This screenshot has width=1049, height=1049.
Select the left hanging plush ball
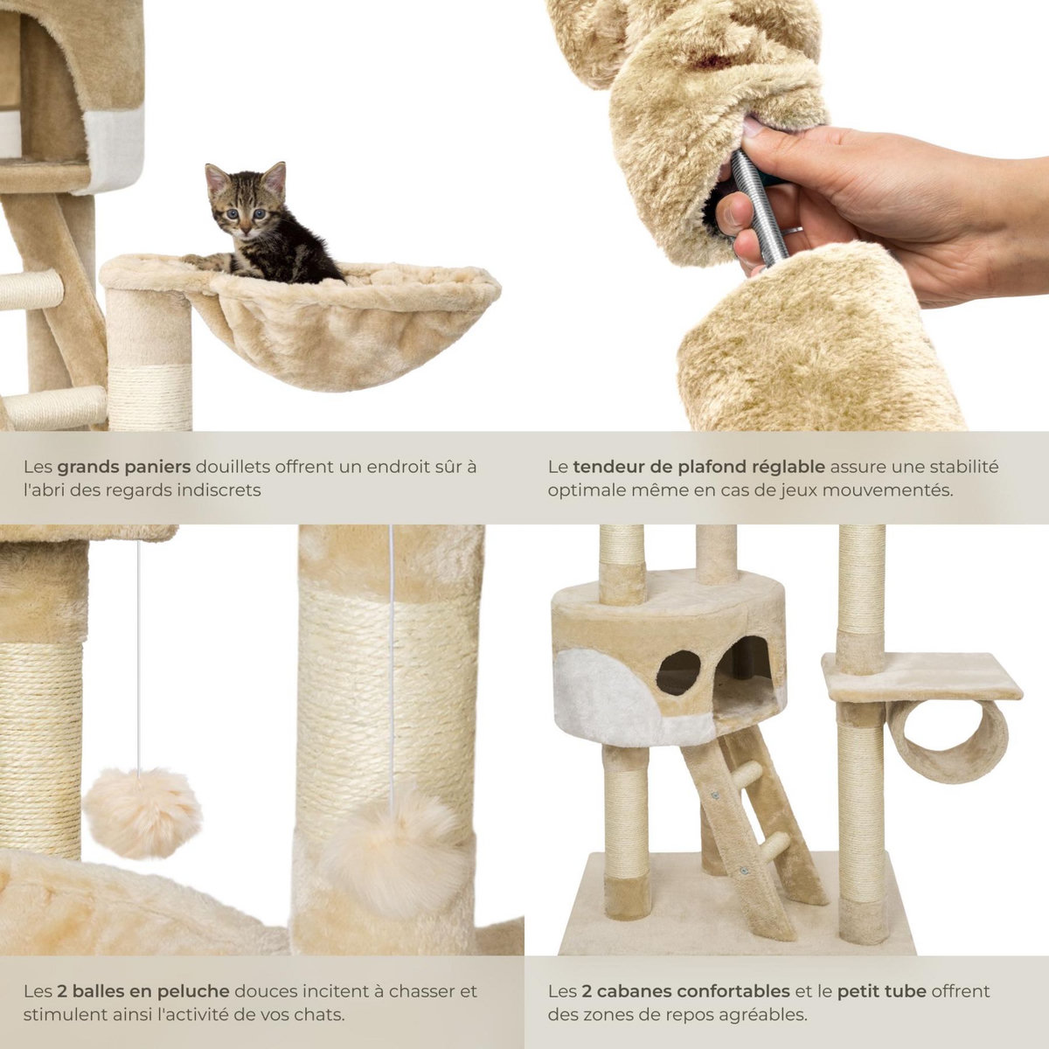click(142, 812)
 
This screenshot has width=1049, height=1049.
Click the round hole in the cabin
click(678, 672)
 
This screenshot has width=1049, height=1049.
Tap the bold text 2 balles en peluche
click(144, 991)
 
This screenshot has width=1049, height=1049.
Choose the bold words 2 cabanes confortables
click(684, 991)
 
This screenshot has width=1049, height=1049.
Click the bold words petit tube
click(880, 991)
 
